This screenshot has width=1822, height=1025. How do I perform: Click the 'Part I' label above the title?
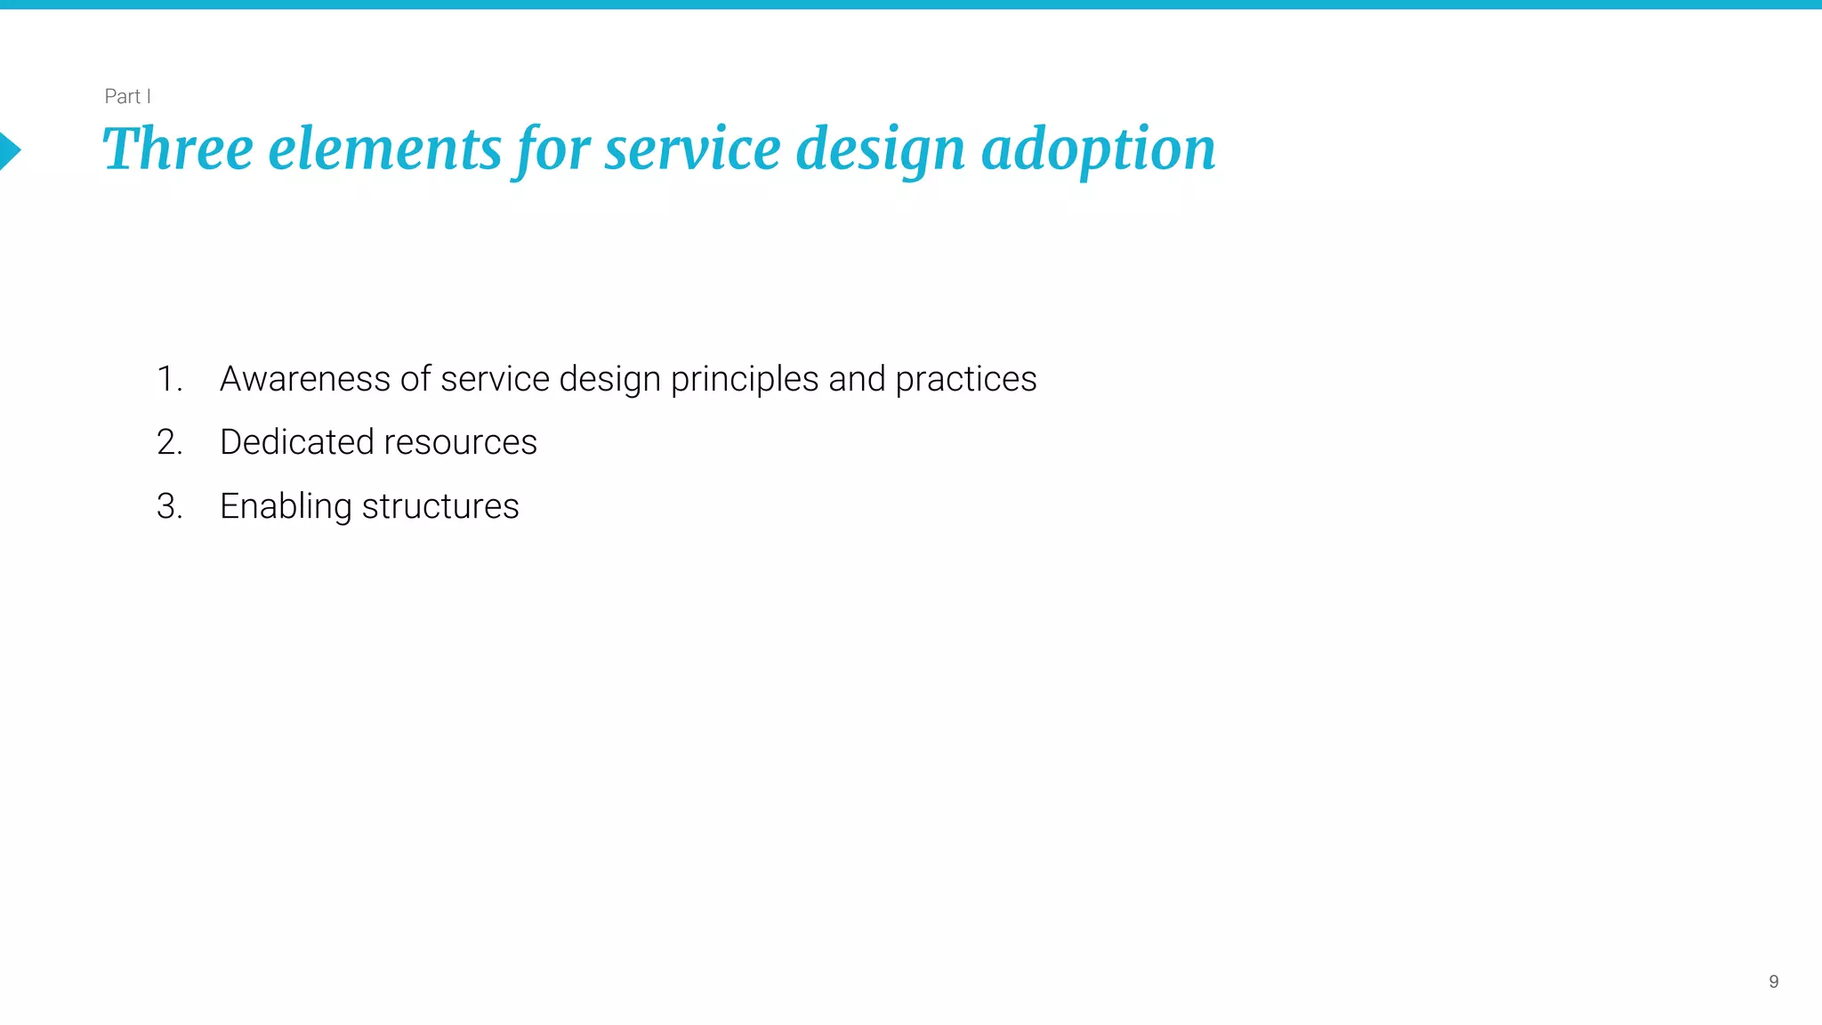127,96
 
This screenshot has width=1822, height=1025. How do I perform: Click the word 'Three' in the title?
178,149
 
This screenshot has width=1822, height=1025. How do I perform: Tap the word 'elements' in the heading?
384,149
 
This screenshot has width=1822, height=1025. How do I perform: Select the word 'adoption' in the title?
1098,149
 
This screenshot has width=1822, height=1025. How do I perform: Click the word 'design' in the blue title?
880,149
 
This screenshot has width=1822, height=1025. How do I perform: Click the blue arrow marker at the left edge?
9,150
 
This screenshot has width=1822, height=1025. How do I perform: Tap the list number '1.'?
169,379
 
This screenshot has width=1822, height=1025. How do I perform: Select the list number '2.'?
169,442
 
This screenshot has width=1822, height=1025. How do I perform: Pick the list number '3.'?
169,506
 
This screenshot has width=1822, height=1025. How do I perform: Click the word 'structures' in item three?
440,506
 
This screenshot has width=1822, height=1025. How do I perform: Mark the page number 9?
1773,981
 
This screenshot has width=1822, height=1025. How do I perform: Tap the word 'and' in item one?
857,379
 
